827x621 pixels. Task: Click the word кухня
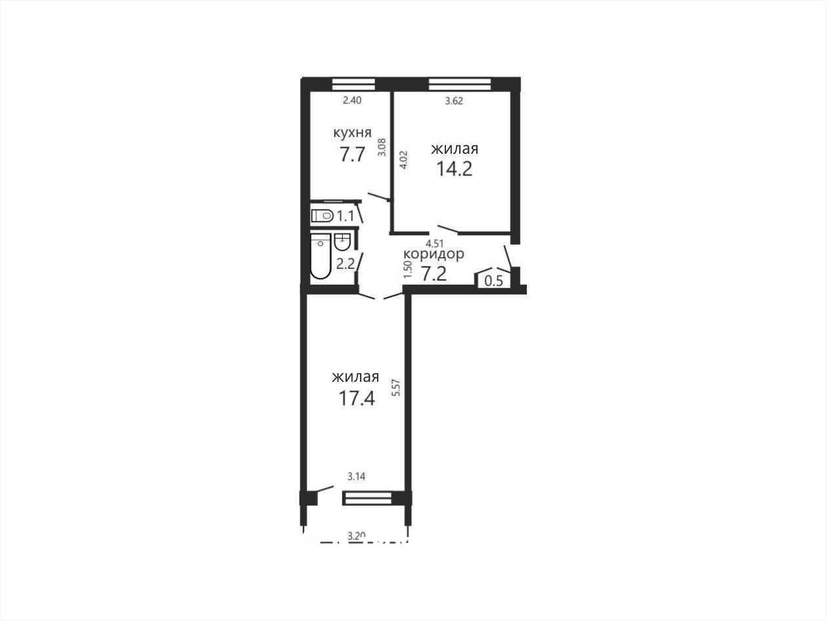coord(352,133)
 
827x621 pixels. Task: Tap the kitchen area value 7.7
coord(352,154)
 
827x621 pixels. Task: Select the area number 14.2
coord(454,169)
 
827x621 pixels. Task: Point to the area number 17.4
coord(357,398)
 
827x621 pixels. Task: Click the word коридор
coord(434,255)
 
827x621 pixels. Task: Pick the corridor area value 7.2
coord(434,273)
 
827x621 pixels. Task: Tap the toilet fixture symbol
coord(323,216)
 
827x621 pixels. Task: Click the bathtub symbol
coord(321,256)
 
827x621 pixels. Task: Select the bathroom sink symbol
coord(342,242)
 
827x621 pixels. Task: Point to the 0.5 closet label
coord(493,281)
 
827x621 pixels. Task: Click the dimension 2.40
coord(352,101)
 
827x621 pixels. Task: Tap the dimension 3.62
coord(454,101)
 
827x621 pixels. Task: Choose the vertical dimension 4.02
coord(403,160)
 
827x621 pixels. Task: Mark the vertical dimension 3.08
coord(382,147)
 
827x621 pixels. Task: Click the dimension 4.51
coord(434,243)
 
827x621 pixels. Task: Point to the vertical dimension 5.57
coord(395,387)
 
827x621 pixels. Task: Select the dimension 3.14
coord(356,476)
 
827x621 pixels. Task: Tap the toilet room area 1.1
coord(346,216)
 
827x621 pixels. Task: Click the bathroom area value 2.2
coord(346,264)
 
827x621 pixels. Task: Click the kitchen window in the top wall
coord(354,83)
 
